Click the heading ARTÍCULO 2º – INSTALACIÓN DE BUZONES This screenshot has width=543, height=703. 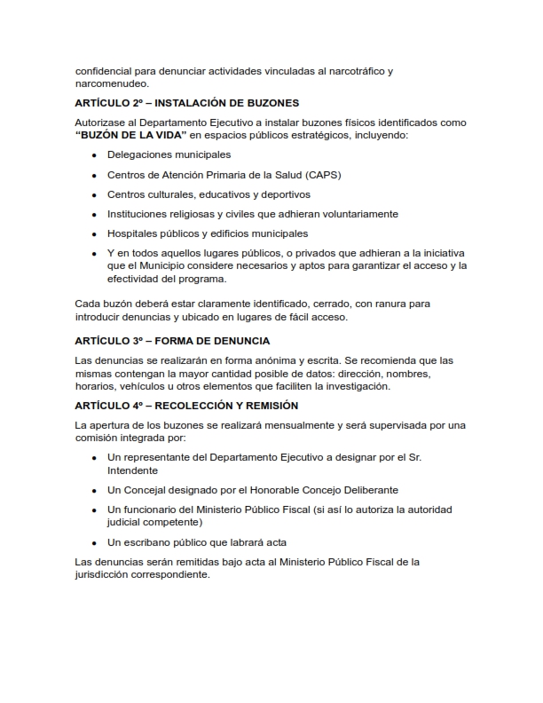tap(186, 103)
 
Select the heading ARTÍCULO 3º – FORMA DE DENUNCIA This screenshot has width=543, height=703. tap(172, 341)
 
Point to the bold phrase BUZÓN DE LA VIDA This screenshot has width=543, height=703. tap(130, 135)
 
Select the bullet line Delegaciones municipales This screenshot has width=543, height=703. tap(161, 154)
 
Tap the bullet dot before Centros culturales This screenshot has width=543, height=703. tap(94, 195)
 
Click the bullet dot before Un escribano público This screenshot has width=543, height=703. tap(94, 542)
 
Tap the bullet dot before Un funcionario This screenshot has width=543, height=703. tap(94, 509)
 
